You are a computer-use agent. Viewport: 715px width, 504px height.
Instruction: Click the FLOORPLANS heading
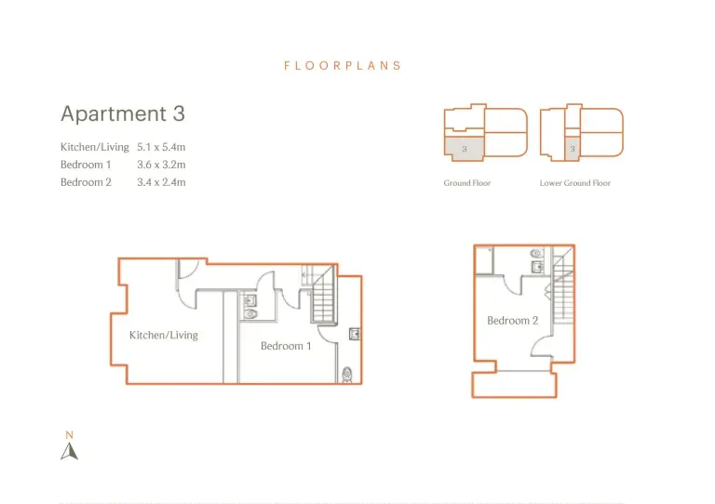pyautogui.click(x=343, y=66)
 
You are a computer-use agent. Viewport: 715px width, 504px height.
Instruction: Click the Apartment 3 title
pyautogui.click(x=123, y=113)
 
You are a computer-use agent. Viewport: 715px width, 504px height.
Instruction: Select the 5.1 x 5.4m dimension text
pyautogui.click(x=161, y=147)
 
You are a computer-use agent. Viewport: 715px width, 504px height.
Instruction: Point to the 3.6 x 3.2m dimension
pyautogui.click(x=161, y=165)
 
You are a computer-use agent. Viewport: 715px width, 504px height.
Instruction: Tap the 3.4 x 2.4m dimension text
pyautogui.click(x=161, y=182)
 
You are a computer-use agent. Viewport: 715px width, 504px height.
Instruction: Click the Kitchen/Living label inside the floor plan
pyautogui.click(x=164, y=335)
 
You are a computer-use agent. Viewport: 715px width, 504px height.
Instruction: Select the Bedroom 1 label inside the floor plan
pyautogui.click(x=286, y=346)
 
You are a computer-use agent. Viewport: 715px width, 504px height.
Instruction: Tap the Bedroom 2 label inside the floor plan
pyautogui.click(x=513, y=321)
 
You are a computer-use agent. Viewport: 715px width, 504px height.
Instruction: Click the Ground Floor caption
pyautogui.click(x=467, y=183)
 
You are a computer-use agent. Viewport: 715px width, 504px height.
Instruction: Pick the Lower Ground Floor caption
pyautogui.click(x=575, y=183)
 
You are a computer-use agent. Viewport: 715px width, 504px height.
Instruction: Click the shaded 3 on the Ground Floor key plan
pyautogui.click(x=465, y=149)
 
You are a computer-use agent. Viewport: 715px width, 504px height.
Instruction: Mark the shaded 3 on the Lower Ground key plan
pyautogui.click(x=573, y=149)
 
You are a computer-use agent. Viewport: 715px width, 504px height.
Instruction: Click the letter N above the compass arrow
pyautogui.click(x=69, y=435)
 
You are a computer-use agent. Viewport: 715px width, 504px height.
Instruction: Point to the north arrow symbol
pyautogui.click(x=69, y=451)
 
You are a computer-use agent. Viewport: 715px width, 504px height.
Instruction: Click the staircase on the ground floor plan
pyautogui.click(x=324, y=295)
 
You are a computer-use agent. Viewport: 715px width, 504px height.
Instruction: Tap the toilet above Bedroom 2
pyautogui.click(x=536, y=253)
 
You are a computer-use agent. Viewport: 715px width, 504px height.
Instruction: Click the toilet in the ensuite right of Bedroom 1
pyautogui.click(x=347, y=375)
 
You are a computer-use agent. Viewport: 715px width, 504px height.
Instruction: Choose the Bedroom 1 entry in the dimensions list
pyautogui.click(x=86, y=165)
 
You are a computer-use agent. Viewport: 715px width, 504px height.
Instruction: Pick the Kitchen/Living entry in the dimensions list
pyautogui.click(x=95, y=147)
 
